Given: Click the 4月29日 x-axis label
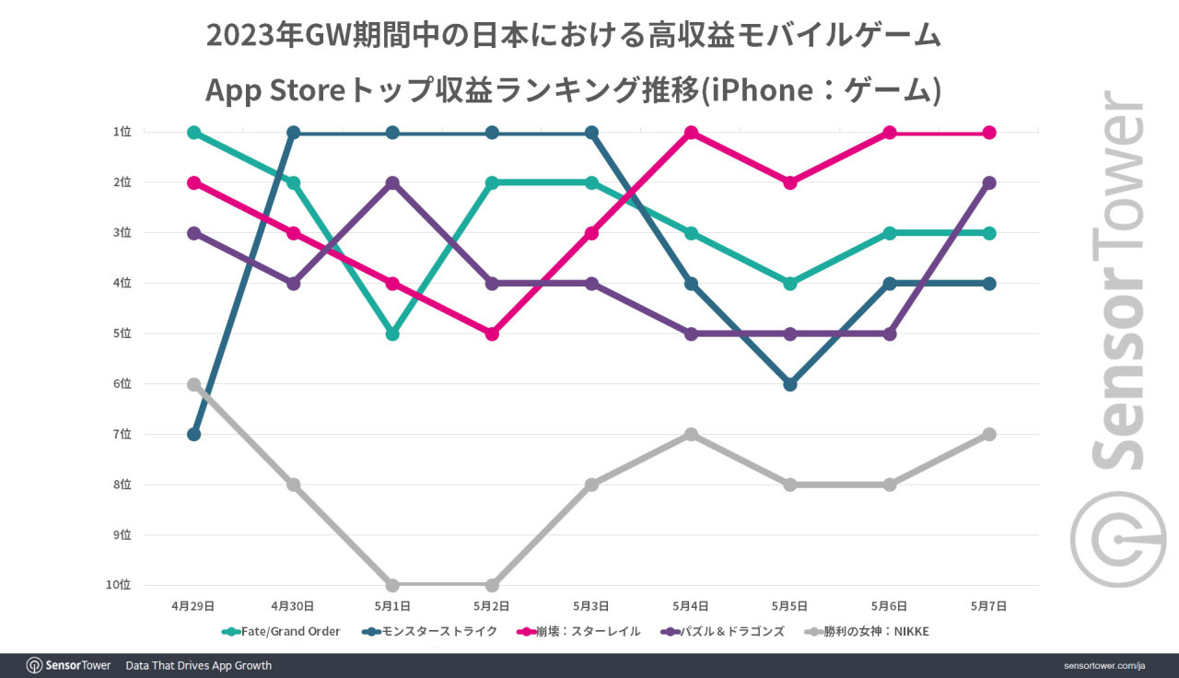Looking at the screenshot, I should (193, 606).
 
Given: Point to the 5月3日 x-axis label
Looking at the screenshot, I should (591, 606).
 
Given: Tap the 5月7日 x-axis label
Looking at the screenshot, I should (989, 606).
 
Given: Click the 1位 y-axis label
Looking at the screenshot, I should (123, 133).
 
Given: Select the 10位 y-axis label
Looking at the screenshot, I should (120, 585).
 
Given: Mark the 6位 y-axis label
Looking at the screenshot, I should (123, 384).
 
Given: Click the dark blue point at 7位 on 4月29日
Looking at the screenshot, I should (193, 434).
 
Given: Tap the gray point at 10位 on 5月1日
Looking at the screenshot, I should (392, 585).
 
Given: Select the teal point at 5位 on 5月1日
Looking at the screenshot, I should (392, 333).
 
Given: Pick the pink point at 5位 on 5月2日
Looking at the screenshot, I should (492, 333).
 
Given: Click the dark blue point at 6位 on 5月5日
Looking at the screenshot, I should (790, 384).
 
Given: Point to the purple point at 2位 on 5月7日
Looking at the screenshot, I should (989, 183).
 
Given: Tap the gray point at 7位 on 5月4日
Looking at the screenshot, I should (691, 434).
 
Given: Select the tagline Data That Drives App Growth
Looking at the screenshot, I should (198, 665).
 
